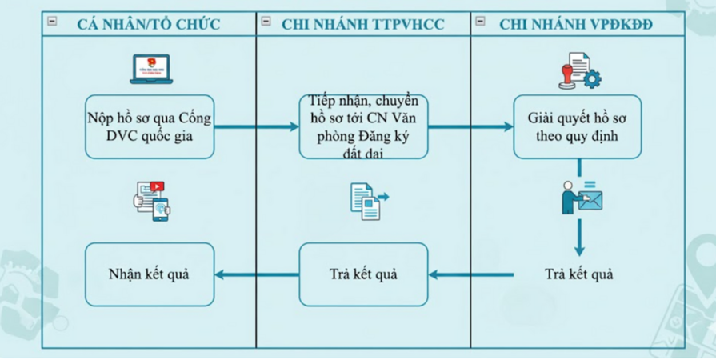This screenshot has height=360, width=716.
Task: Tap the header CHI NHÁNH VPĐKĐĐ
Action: click(576, 24)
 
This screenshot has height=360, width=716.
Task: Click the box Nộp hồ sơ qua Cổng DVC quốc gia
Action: click(150, 126)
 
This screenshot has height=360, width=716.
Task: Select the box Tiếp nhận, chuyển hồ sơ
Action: click(363, 126)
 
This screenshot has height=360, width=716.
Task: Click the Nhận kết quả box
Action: click(150, 274)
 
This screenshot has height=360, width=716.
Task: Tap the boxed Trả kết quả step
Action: click(363, 274)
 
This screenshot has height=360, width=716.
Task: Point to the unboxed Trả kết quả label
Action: click(578, 274)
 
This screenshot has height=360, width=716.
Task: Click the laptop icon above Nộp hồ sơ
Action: click(152, 69)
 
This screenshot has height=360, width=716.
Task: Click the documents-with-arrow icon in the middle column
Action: click(367, 201)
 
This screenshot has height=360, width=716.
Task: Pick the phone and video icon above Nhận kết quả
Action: click(152, 200)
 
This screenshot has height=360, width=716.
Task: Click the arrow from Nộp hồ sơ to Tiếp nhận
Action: click(256, 126)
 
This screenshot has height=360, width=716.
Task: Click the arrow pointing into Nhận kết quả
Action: click(256, 275)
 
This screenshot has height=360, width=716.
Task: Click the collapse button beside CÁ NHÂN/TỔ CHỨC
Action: click(53, 22)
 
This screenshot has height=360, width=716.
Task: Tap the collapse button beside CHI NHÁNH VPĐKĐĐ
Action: click(480, 22)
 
